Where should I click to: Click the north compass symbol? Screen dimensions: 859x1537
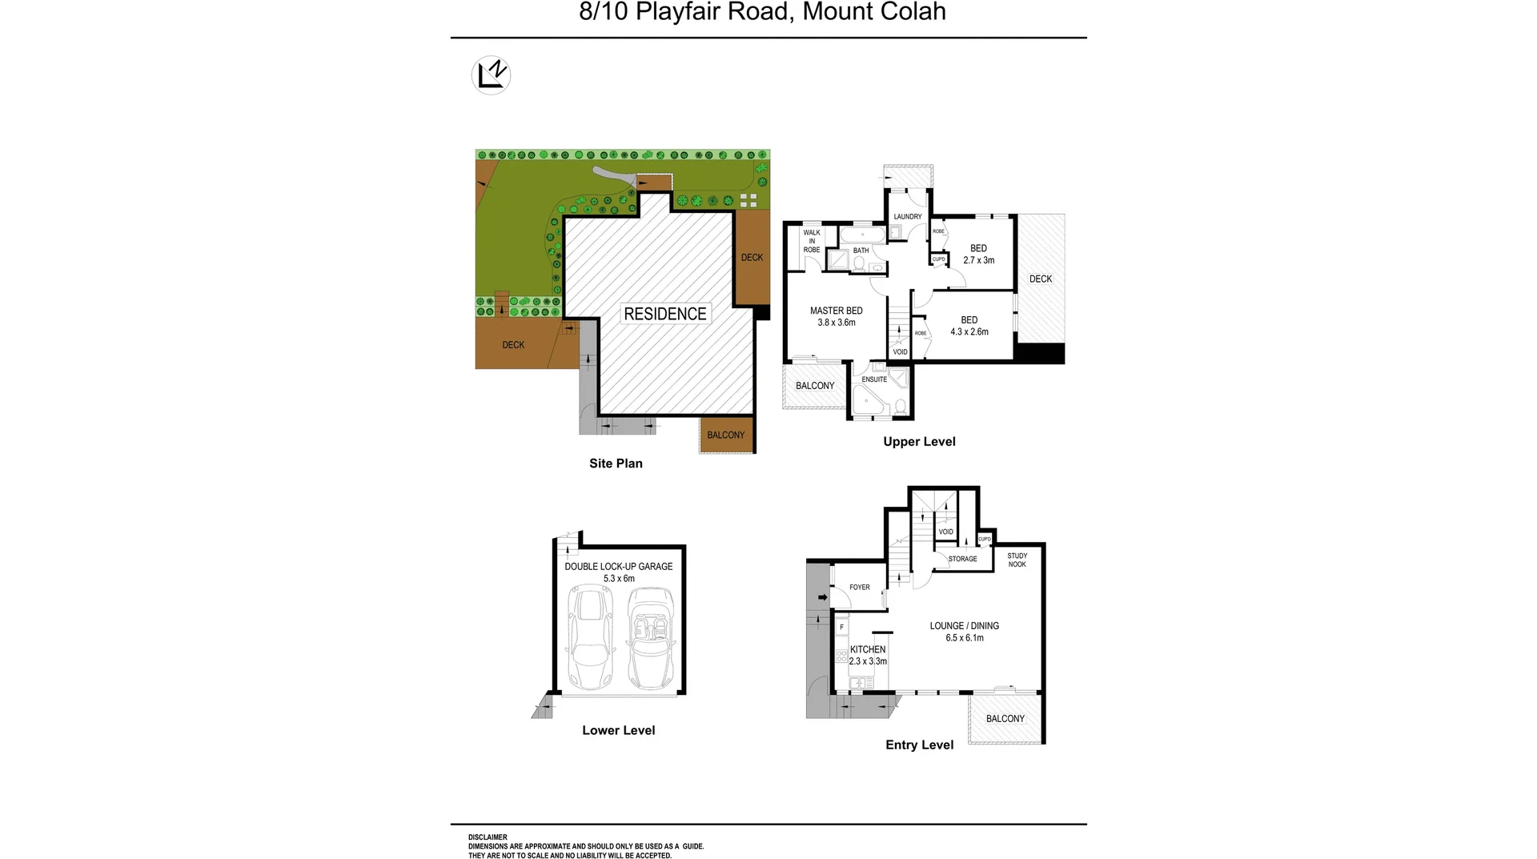[491, 75]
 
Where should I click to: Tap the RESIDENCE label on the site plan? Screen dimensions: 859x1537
[665, 314]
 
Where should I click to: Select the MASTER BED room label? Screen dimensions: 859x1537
[836, 311]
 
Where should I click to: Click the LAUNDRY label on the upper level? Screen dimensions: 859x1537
[908, 217]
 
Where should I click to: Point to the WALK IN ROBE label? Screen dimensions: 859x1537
[812, 241]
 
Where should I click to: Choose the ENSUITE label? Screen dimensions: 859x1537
[874, 379]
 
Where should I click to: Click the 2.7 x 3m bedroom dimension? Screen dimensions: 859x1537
[978, 260]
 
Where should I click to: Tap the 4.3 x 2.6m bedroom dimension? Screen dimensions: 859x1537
[969, 331]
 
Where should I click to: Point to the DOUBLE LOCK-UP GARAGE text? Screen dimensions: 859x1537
[619, 567]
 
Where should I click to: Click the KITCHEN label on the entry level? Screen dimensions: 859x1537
[868, 649]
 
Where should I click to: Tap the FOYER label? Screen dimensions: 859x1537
[860, 588]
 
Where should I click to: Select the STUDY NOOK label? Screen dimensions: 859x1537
[1017, 560]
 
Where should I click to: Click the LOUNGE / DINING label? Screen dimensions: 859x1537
[965, 626]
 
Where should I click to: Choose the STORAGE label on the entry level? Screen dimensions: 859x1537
[962, 559]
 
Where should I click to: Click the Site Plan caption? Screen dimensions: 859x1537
[616, 464]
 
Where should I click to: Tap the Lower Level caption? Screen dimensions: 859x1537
[619, 730]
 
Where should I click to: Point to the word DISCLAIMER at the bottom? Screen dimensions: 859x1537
[488, 837]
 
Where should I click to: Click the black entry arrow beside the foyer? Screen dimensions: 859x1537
[822, 597]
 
